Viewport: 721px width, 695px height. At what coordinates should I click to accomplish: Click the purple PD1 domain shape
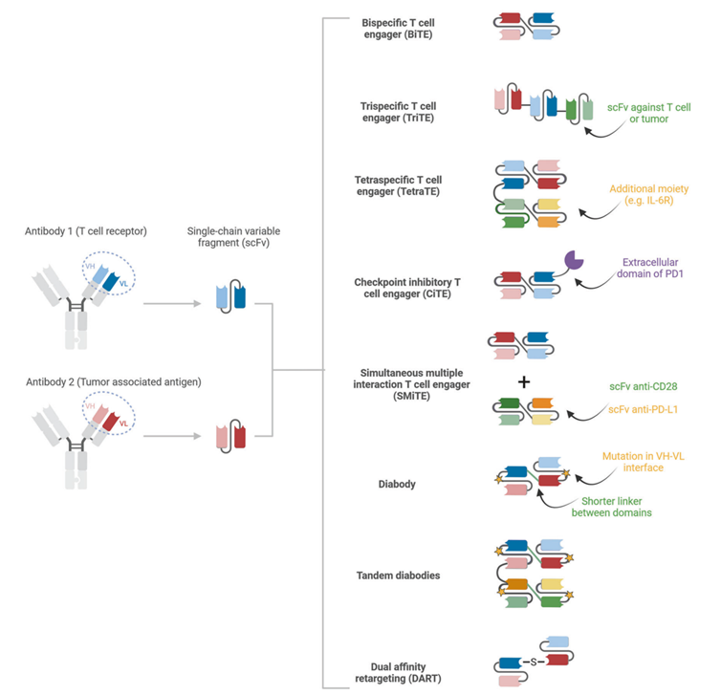pos(575,260)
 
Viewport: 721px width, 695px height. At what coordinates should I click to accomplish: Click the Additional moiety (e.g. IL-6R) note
pos(649,196)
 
